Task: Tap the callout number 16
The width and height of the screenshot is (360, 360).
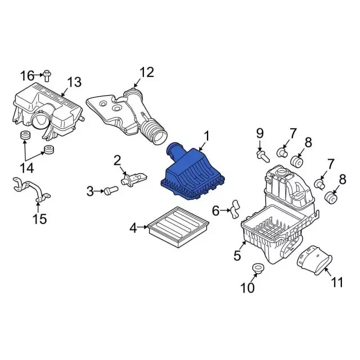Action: pyautogui.click(x=28, y=76)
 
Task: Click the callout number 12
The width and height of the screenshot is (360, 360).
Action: pyautogui.click(x=147, y=73)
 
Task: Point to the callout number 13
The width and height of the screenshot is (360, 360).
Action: pyautogui.click(x=74, y=82)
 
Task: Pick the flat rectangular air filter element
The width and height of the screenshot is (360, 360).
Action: pyautogui.click(x=178, y=227)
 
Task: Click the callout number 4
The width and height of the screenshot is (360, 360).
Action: pyautogui.click(x=133, y=228)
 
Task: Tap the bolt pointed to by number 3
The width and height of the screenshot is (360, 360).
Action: pyautogui.click(x=111, y=190)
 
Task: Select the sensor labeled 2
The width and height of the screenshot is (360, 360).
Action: pyautogui.click(x=134, y=179)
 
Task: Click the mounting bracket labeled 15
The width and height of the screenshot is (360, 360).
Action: pyautogui.click(x=31, y=190)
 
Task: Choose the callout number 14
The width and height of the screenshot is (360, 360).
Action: pyautogui.click(x=28, y=168)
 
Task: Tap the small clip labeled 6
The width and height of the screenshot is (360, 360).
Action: pyautogui.click(x=235, y=209)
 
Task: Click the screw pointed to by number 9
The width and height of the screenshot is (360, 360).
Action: pyautogui.click(x=263, y=156)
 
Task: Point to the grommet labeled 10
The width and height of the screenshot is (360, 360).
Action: pyautogui.click(x=258, y=268)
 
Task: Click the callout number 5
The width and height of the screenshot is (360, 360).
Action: pyautogui.click(x=237, y=255)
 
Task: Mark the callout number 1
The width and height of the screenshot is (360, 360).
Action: pyautogui.click(x=207, y=136)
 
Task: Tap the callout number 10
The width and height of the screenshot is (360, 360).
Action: pyautogui.click(x=247, y=287)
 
